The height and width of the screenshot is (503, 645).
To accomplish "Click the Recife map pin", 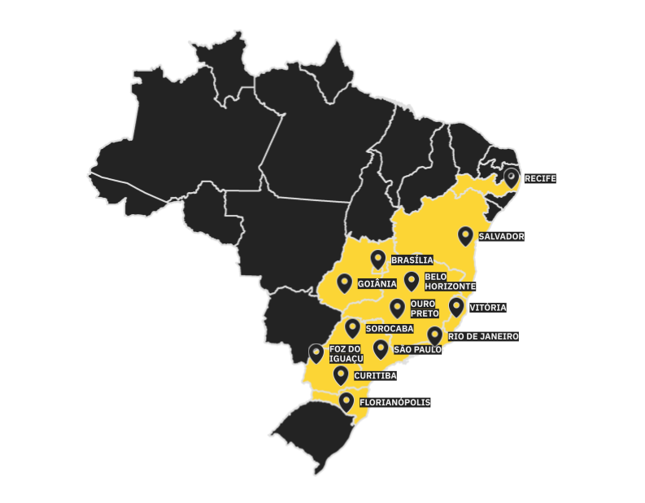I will click(x=511, y=176).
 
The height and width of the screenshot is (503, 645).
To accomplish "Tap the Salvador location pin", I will click(x=465, y=235).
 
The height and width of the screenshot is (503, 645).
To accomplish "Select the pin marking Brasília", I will click(x=377, y=259).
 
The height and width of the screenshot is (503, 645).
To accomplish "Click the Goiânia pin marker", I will click(x=344, y=282).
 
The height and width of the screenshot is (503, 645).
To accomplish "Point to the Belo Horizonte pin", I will click(x=412, y=281).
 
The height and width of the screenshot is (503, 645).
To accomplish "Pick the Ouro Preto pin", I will click(x=397, y=307).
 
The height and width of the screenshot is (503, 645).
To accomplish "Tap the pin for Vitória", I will click(x=456, y=306).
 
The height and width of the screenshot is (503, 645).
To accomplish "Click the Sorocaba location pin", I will click(x=352, y=327).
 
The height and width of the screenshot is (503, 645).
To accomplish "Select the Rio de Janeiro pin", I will click(x=434, y=335).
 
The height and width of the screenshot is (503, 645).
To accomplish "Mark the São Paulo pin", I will click(x=381, y=348).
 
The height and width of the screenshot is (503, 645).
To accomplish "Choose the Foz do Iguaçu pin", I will click(x=316, y=352).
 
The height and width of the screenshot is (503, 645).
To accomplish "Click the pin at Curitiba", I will click(x=341, y=374).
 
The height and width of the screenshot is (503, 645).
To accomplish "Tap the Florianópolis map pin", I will click(x=346, y=401).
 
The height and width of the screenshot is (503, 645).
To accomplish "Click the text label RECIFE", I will click(x=540, y=177).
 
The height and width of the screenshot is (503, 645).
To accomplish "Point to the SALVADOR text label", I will click(x=501, y=237).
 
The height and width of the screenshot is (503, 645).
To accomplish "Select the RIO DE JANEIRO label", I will click(x=483, y=336).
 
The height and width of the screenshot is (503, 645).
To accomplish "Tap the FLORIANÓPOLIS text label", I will click(x=394, y=402).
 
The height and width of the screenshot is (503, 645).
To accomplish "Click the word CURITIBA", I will click(x=375, y=376).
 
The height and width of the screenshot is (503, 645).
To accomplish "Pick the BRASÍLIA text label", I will click(x=412, y=260).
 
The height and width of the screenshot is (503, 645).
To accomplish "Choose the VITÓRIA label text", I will click(x=488, y=308).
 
